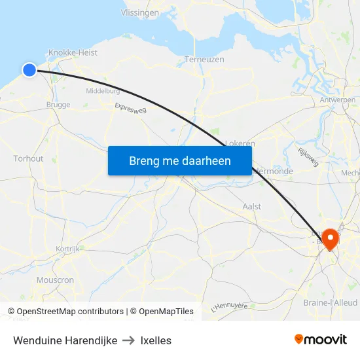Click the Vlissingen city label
point(140,12)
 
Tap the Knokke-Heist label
point(73,52)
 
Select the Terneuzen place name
point(204,59)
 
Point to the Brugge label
point(58,104)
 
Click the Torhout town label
point(28,158)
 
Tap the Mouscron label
point(55,279)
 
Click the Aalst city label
point(251,206)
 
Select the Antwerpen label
point(338,99)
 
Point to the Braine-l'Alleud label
point(329,302)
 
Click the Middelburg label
point(103,91)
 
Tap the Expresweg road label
point(130,108)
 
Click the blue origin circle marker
point(29,69)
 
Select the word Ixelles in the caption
point(156,340)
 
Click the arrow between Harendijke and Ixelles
point(129,340)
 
